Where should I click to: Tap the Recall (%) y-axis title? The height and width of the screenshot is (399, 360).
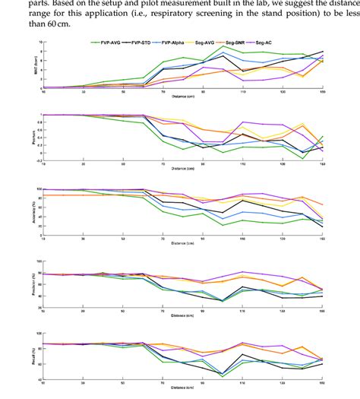click(29, 354)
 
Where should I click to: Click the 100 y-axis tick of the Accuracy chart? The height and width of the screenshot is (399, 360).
click(36, 188)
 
